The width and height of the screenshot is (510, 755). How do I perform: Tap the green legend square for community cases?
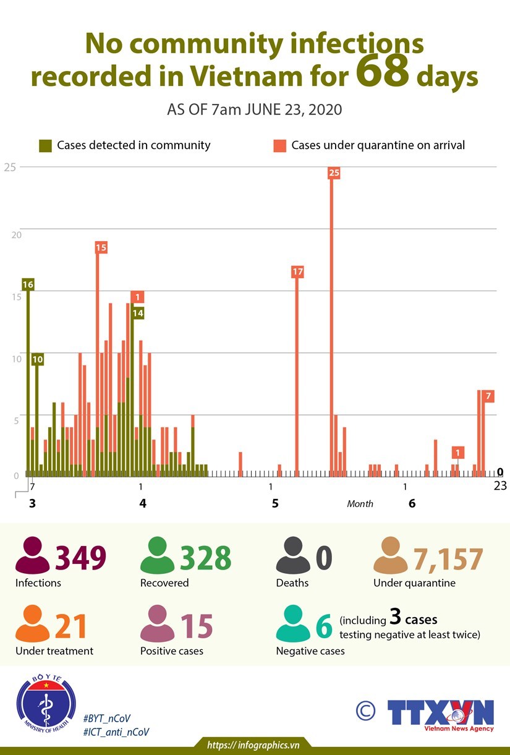[45, 146]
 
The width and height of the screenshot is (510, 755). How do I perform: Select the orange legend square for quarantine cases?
[279, 146]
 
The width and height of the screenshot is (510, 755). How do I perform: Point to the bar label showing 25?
[334, 173]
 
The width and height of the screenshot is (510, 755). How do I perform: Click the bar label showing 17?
[297, 271]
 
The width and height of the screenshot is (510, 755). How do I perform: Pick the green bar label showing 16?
[28, 284]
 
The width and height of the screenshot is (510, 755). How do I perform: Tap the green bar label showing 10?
[37, 359]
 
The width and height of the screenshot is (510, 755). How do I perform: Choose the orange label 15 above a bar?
[101, 247]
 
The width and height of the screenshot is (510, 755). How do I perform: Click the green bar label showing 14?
[138, 313]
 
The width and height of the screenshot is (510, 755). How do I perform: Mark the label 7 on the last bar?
[488, 396]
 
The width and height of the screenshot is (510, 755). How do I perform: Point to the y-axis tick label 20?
[17, 235]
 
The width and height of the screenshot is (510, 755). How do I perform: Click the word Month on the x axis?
[360, 504]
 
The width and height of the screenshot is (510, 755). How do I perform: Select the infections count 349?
[81, 558]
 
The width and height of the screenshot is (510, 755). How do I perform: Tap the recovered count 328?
[205, 558]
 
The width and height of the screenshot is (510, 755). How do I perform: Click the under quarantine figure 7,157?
[448, 559]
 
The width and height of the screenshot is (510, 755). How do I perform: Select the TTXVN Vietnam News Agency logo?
[440, 715]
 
